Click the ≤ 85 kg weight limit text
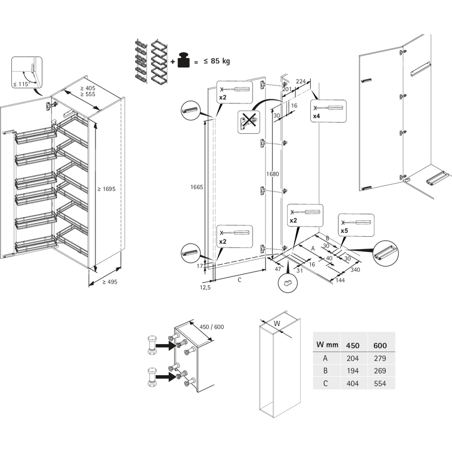pyautogui.click(x=217, y=61)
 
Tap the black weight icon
pyautogui.click(x=184, y=60)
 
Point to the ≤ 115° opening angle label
pyautogui.click(x=21, y=84)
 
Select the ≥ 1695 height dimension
pyautogui.click(x=106, y=189)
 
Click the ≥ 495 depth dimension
pyautogui.click(x=110, y=282)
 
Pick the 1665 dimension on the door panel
pyautogui.click(x=197, y=187)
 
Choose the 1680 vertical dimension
pyautogui.click(x=272, y=174)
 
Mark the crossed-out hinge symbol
pyautogui.click(x=249, y=121)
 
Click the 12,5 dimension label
pyautogui.click(x=205, y=288)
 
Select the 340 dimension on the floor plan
pyautogui.click(x=355, y=270)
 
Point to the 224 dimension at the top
pyautogui.click(x=301, y=81)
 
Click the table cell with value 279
pyautogui.click(x=380, y=358)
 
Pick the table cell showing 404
pyautogui.click(x=353, y=384)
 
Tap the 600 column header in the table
pyautogui.click(x=380, y=345)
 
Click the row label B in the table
pyautogui.click(x=325, y=371)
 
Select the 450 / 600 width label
pyautogui.click(x=211, y=327)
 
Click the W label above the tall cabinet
pyautogui.click(x=277, y=323)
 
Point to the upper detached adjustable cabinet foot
pyautogui.click(x=152, y=345)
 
